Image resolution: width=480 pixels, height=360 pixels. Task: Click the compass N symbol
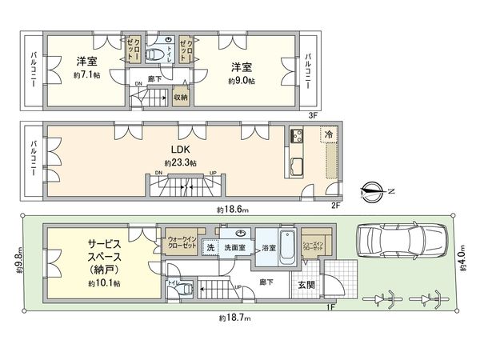374,191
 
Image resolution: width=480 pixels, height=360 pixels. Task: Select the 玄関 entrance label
306,284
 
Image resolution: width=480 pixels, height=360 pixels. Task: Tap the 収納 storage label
181,97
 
